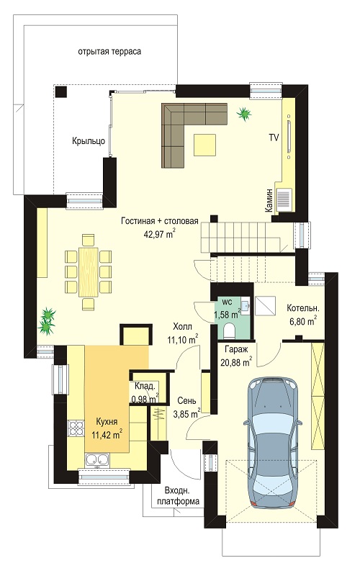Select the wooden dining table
point(88,272)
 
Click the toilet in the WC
point(230,330)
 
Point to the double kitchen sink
point(97,459)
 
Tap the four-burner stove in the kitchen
point(76,428)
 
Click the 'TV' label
point(274,138)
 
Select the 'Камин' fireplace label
point(269,200)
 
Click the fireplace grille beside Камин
point(284,199)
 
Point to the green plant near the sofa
point(243,114)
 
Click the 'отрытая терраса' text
point(109,52)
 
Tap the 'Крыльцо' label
point(89,141)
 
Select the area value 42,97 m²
point(160,233)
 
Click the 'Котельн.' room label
point(303,308)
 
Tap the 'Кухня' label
point(107,421)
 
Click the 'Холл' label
point(183,327)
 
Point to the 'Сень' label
point(186,401)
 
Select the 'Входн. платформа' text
point(178,497)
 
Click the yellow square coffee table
point(205,145)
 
